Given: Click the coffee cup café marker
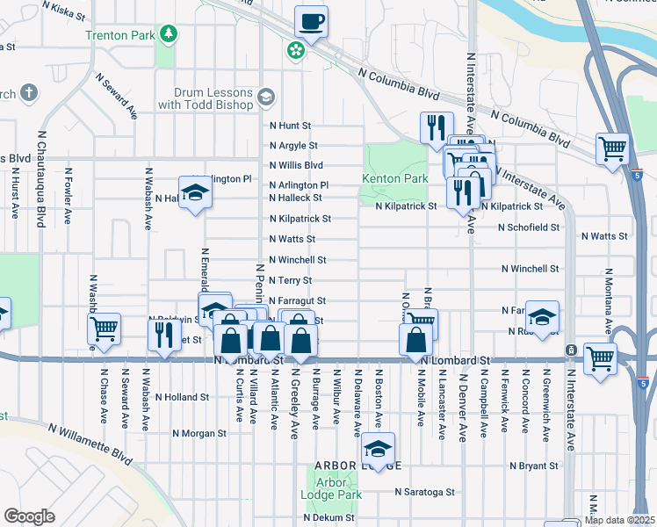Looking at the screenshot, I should click(311, 21).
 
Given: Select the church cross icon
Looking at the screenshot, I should click(29, 92).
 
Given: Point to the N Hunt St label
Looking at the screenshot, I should click(291, 126).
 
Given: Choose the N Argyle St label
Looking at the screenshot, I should click(293, 146).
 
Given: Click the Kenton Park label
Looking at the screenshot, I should click(395, 178).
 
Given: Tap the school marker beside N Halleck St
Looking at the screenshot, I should click(195, 192).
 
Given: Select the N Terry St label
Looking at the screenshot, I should click(291, 281).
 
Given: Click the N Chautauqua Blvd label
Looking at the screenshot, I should click(40, 179).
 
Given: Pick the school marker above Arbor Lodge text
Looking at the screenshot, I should click(378, 449).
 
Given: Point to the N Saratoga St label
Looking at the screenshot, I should click(424, 493).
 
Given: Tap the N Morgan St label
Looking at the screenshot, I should click(199, 433).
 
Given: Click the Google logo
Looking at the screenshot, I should click(29, 516).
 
